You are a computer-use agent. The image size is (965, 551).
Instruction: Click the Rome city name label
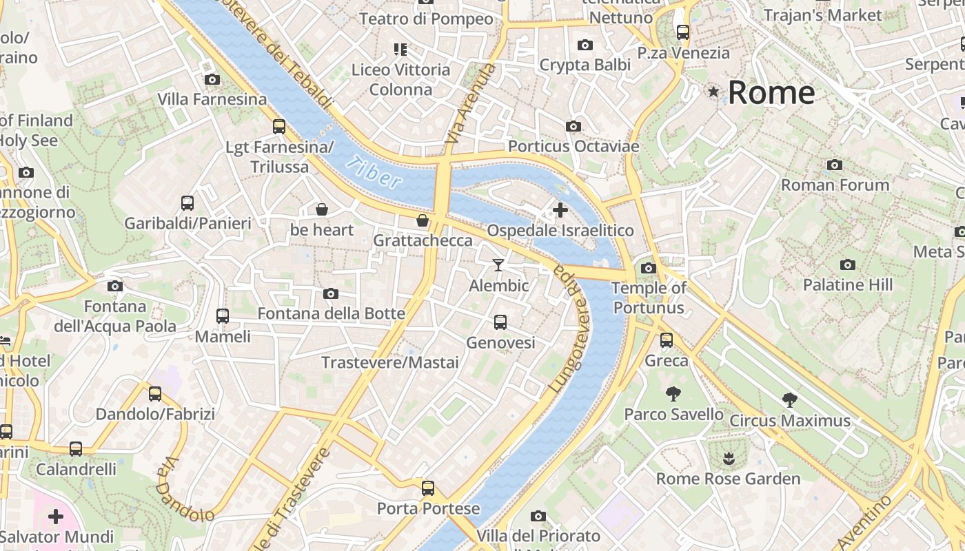(x=771, y=92)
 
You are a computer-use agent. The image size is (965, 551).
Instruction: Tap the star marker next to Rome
(x=713, y=91)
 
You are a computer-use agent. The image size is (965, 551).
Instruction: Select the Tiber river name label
(x=374, y=172)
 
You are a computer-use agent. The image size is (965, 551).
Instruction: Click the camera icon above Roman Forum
(x=835, y=165)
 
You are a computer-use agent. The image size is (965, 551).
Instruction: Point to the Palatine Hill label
(x=847, y=284)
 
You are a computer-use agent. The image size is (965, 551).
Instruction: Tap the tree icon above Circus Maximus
(x=790, y=399)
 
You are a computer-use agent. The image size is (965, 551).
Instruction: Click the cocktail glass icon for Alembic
(x=498, y=265)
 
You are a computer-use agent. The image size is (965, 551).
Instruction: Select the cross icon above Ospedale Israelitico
(x=560, y=209)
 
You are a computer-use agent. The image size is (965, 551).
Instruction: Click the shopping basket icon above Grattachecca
(x=423, y=220)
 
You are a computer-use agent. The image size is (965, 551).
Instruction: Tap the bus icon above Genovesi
(x=500, y=322)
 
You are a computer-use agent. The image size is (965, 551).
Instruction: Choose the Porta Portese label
(x=428, y=508)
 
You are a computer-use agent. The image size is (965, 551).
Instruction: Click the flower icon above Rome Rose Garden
(x=728, y=458)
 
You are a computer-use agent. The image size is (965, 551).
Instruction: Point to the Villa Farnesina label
(x=212, y=99)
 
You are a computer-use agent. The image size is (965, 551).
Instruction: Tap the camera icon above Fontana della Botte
(x=331, y=294)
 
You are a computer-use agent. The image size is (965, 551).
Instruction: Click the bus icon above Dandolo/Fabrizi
(x=155, y=394)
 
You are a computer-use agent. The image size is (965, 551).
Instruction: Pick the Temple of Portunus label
(x=649, y=298)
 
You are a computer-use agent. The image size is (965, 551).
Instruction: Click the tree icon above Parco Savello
(x=673, y=394)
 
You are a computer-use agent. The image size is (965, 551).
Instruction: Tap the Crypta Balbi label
(x=585, y=65)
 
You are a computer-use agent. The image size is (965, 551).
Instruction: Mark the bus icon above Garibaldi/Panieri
(x=187, y=203)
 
